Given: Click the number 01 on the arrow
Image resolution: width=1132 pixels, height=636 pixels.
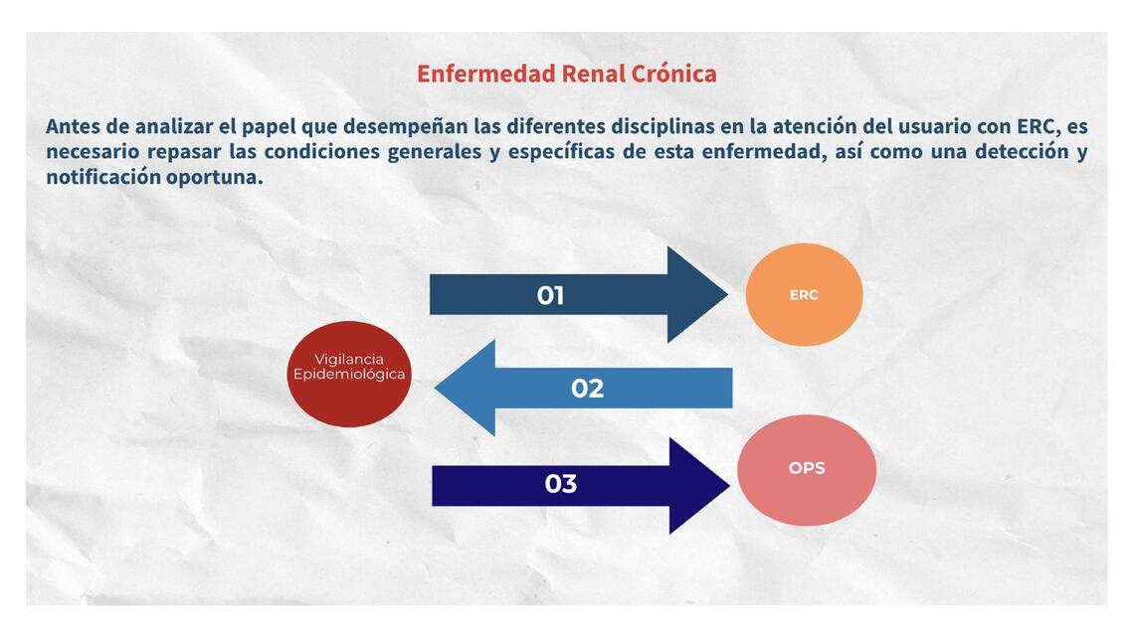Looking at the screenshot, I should tap(550, 295).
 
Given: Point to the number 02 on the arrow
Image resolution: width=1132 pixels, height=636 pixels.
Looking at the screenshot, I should tap(587, 389).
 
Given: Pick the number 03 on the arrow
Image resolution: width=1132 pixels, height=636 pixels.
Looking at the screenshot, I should tap(560, 484).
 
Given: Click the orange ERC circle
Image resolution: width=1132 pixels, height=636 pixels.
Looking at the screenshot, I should tap(804, 295).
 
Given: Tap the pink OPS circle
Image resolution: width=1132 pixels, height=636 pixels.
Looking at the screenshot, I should tap(807, 469).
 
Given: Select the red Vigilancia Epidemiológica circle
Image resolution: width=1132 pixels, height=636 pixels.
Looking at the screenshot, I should tap(349, 374).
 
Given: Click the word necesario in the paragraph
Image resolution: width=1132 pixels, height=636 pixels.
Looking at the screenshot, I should tap(92, 152).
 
